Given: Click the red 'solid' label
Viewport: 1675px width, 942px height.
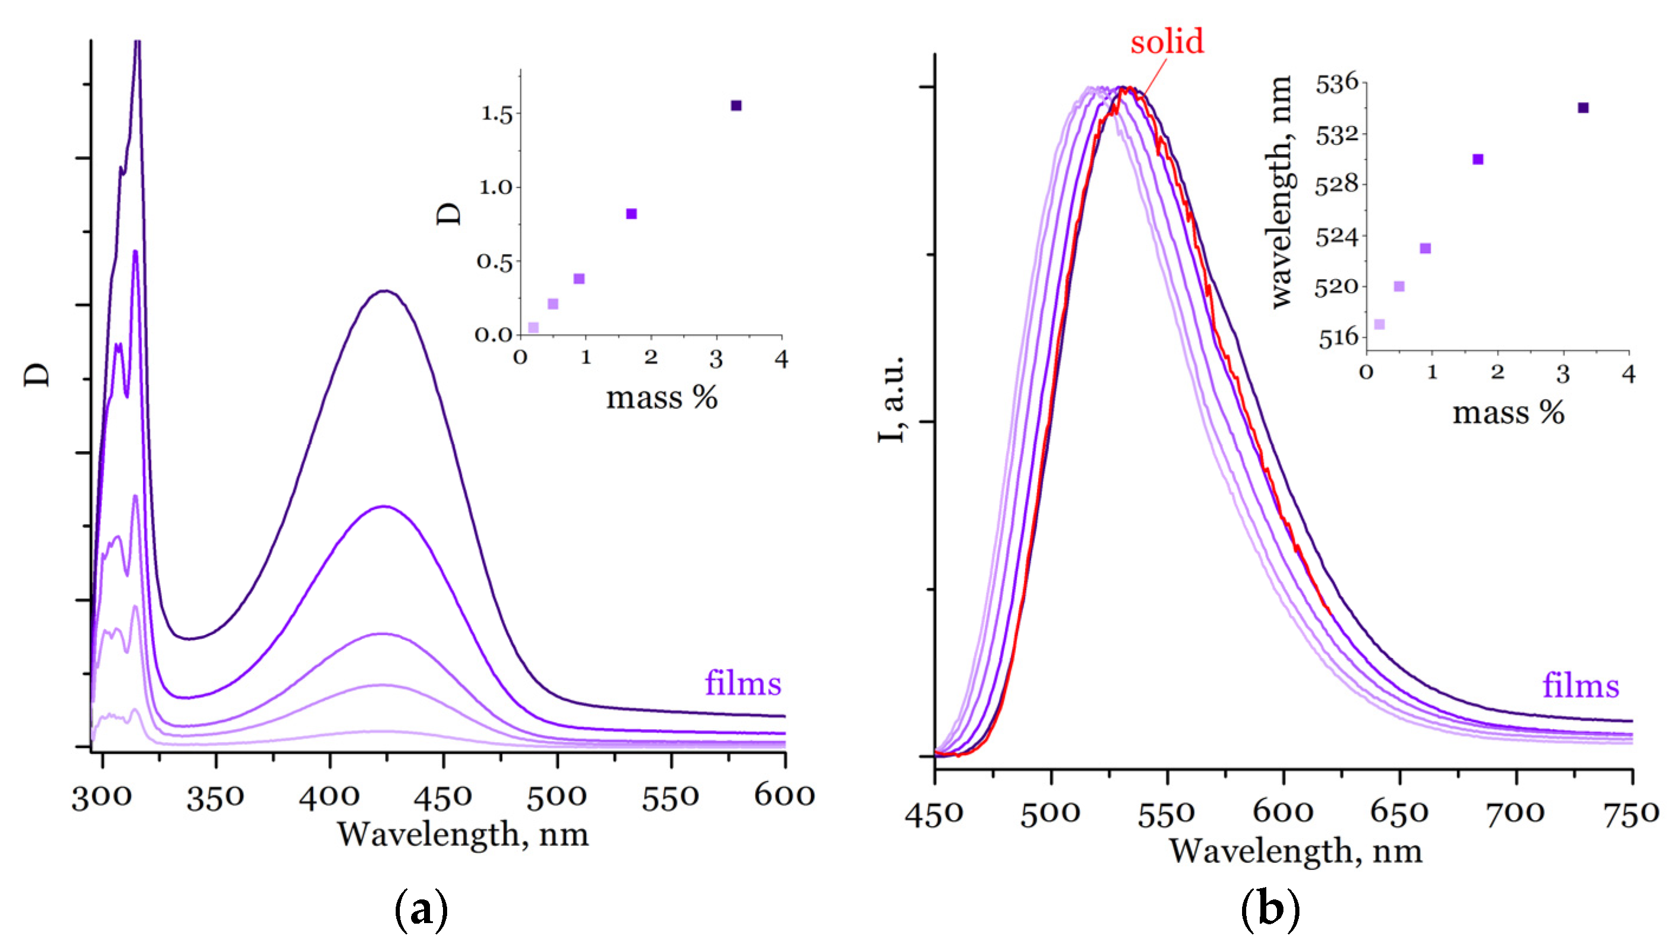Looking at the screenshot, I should (1166, 42).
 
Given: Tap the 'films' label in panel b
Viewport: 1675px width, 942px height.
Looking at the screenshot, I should (1580, 686).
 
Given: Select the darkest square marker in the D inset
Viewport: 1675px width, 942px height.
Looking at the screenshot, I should (736, 106).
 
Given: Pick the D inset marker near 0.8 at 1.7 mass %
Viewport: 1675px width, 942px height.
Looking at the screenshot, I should (631, 214).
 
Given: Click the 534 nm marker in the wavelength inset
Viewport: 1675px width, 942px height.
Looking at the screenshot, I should (1583, 108).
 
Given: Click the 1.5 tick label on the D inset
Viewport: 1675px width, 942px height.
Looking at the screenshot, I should (497, 114).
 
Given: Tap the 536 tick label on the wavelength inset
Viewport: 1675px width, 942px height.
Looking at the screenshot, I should (1337, 84).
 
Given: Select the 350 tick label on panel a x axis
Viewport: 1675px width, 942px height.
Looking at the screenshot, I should (215, 797).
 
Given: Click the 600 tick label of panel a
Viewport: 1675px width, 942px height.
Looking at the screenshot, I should (784, 796).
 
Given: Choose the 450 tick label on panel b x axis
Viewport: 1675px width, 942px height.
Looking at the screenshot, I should (934, 814).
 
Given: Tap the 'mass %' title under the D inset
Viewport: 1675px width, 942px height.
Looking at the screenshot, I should (661, 398).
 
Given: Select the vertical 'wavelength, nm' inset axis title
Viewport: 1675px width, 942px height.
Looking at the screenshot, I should (1281, 192).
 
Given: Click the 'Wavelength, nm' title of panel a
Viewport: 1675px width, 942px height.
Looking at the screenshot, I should (463, 835).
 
